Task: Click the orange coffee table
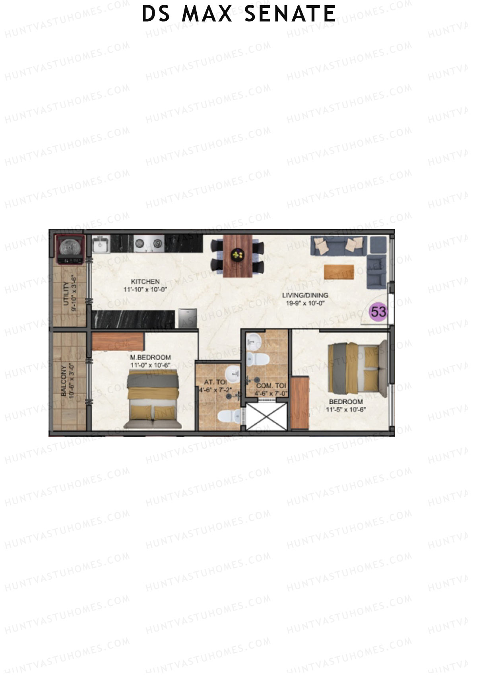coord(339,272)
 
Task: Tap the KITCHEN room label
coord(145,282)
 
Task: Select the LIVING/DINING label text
coord(305,295)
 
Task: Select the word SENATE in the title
coord(290,14)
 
